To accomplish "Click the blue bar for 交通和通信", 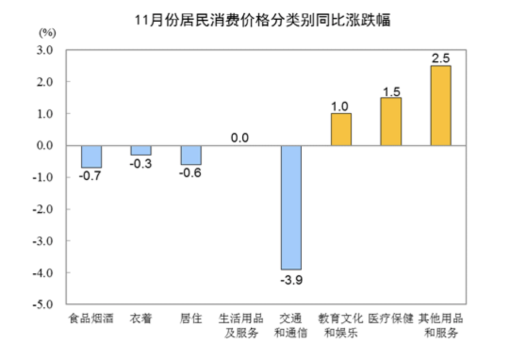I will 291,207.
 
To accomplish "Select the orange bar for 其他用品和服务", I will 441,106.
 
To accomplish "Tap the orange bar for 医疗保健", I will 391,122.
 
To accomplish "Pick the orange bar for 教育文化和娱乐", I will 341,129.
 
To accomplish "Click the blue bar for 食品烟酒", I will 92,156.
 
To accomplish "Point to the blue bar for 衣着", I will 141,150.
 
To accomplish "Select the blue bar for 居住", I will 191,155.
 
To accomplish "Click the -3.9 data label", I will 291,280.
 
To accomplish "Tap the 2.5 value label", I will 441,58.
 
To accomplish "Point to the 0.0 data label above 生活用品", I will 240,138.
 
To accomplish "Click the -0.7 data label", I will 92,177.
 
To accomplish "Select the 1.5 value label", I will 391,90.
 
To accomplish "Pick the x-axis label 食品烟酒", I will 92,319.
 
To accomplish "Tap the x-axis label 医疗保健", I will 391,319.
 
